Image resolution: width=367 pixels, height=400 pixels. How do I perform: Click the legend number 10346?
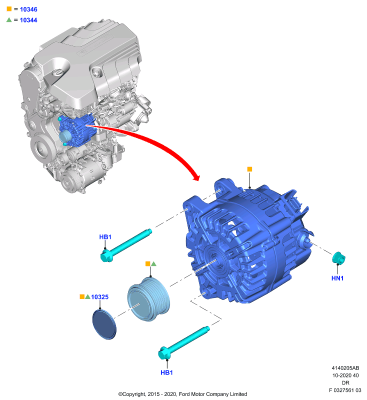tap(28, 9)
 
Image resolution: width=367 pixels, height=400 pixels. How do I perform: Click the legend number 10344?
tap(28, 20)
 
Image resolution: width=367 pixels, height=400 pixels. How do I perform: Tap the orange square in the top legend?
tap(9, 9)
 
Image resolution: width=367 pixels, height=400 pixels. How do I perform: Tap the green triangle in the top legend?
tap(9, 19)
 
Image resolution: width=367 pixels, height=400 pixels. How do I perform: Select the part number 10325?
tap(99, 297)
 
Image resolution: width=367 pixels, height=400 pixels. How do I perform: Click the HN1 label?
tap(337, 278)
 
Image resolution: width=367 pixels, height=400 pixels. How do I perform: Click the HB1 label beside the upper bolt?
tap(105, 237)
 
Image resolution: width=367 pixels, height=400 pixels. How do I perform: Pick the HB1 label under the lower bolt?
tap(167, 372)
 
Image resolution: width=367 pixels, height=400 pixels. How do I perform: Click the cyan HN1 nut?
tap(338, 257)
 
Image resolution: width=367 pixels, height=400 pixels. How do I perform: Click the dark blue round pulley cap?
tap(104, 324)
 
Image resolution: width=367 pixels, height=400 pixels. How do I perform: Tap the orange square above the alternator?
tap(249, 169)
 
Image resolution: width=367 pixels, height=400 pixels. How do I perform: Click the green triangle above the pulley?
tap(153, 264)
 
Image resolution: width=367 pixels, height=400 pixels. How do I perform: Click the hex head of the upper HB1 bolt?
tap(106, 256)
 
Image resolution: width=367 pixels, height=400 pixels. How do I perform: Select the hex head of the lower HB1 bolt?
tap(164, 353)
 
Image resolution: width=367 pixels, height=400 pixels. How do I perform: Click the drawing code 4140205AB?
tap(345, 368)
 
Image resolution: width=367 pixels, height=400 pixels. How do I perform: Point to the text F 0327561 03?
tap(345, 390)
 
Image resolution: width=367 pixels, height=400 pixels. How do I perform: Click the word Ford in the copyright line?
tap(184, 394)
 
